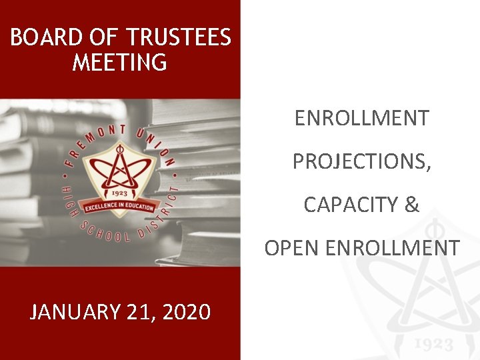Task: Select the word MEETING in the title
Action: pyautogui.click(x=120, y=63)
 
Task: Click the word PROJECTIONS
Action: pyautogui.click(x=361, y=161)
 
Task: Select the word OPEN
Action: pyautogui.click(x=291, y=248)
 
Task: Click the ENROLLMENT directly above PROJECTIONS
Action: pyautogui.click(x=361, y=119)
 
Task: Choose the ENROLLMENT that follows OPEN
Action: pyautogui.click(x=392, y=248)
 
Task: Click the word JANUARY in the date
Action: pyautogui.click(x=74, y=311)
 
